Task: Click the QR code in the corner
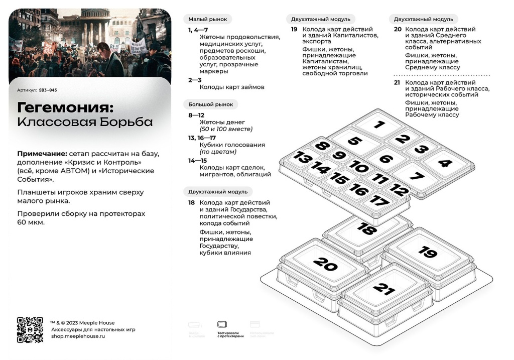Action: click(30, 330)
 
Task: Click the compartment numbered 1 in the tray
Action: click(379, 125)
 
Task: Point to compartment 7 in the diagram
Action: click(416, 176)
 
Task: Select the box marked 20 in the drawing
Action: click(325, 264)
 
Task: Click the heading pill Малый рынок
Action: click(207, 20)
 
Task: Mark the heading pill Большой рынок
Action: click(210, 104)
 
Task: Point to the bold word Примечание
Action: click(42, 153)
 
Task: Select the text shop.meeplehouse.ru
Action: click(78, 336)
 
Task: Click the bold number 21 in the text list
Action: click(397, 82)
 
